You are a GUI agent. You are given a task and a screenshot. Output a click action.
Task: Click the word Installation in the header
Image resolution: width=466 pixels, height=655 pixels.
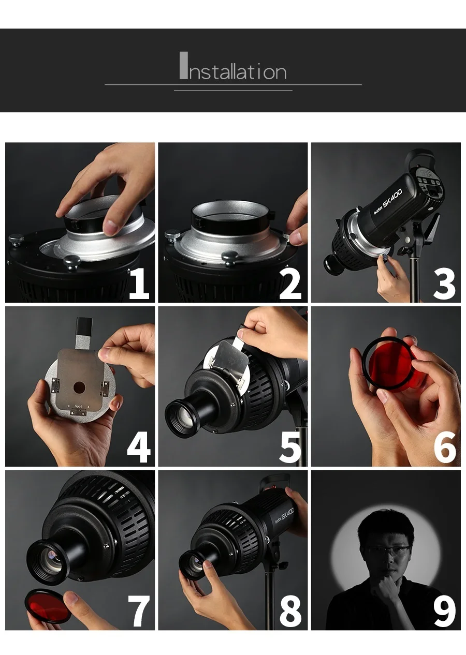(x=233, y=66)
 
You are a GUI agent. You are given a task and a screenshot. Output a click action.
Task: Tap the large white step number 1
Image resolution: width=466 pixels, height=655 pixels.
(x=139, y=284)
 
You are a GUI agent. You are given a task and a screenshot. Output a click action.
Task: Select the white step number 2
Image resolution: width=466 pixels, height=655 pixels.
(x=290, y=284)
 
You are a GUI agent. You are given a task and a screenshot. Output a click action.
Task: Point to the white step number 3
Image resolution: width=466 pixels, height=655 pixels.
(x=444, y=284)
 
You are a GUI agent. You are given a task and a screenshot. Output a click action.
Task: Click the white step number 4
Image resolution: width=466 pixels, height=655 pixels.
(x=138, y=448)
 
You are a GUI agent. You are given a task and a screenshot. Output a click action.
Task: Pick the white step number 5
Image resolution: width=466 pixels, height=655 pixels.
(x=290, y=448)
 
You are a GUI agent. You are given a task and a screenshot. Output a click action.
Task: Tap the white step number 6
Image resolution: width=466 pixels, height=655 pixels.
(x=444, y=448)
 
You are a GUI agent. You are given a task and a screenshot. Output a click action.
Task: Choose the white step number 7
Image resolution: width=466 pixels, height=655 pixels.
(x=139, y=611)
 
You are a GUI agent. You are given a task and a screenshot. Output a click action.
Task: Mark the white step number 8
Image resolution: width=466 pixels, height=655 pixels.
(x=290, y=611)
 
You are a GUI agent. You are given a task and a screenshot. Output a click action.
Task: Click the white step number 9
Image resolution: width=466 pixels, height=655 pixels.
(x=444, y=611)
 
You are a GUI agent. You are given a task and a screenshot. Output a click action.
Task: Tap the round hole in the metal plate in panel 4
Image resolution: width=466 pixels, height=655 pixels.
(x=79, y=388)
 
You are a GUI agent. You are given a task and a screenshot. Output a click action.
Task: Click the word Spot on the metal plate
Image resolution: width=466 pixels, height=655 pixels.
(x=79, y=406)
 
